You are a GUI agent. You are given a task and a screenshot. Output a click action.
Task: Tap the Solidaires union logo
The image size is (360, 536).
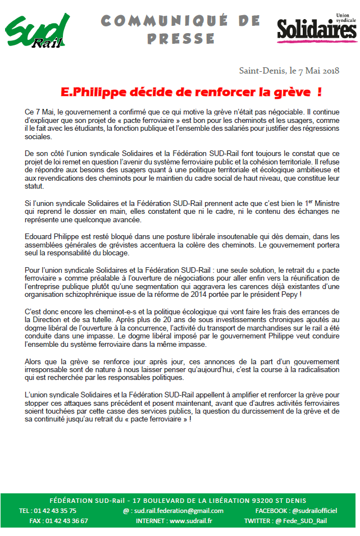click(316, 28)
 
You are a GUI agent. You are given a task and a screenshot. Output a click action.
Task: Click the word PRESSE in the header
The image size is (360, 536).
click(181, 38)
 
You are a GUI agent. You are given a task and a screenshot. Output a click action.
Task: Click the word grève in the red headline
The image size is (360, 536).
click(293, 91)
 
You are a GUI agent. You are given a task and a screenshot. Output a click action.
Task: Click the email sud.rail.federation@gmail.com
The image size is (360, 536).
click(177, 511)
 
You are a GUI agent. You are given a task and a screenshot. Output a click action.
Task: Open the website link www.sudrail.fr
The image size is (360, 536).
click(190, 521)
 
